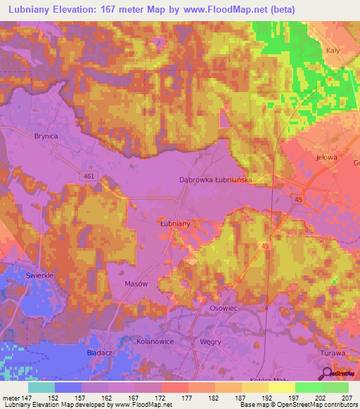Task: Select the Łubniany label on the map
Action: (176, 223)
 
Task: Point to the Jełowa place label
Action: (327, 157)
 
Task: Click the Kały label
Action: (333, 50)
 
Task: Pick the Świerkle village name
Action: (40, 275)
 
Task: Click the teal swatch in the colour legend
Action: (41, 387)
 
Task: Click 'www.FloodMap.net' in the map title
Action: (233, 10)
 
